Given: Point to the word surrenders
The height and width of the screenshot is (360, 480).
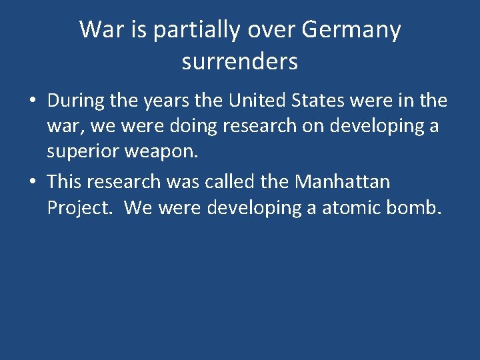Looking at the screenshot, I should (x=239, y=61).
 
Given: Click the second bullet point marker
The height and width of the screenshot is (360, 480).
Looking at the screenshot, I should (x=32, y=182).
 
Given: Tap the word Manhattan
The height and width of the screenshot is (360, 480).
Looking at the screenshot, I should (x=342, y=181).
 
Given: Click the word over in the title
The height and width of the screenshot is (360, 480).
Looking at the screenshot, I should (x=273, y=30).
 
